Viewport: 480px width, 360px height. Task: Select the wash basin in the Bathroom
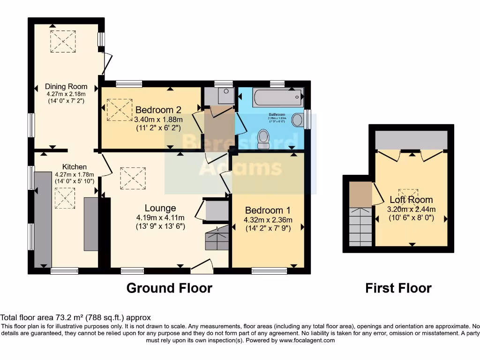(297, 120)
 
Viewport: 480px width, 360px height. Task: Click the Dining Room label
(66, 86)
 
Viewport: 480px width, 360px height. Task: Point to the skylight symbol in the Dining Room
(63, 41)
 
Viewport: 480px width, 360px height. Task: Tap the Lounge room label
(160, 208)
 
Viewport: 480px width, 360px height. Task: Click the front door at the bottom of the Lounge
(202, 267)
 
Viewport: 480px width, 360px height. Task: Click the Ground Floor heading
(169, 288)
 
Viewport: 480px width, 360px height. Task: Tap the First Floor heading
(398, 288)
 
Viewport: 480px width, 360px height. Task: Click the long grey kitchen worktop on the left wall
(43, 218)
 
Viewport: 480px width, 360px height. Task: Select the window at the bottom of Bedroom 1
(269, 270)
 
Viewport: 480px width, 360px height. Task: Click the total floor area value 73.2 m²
(68, 317)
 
